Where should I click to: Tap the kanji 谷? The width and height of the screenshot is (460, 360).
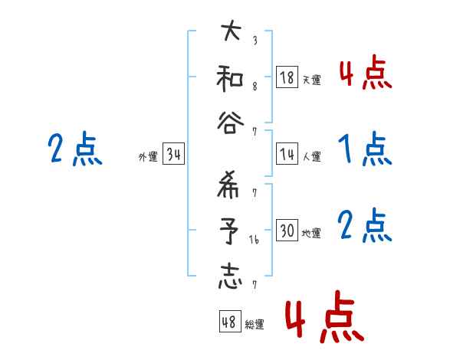pyautogui.click(x=231, y=123)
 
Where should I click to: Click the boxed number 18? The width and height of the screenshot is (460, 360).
pyautogui.click(x=287, y=77)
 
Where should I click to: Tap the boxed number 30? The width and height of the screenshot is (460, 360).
pyautogui.click(x=287, y=231)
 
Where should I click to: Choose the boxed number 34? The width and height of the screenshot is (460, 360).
pyautogui.click(x=173, y=155)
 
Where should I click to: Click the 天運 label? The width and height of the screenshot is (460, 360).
pyautogui.click(x=311, y=80)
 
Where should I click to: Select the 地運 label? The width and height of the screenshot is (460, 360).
pyautogui.click(x=311, y=233)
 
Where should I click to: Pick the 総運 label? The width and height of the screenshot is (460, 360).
pyautogui.click(x=255, y=324)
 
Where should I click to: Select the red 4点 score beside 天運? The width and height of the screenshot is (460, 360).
pyautogui.click(x=364, y=74)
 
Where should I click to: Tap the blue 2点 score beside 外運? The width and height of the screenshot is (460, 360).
pyautogui.click(x=74, y=149)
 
